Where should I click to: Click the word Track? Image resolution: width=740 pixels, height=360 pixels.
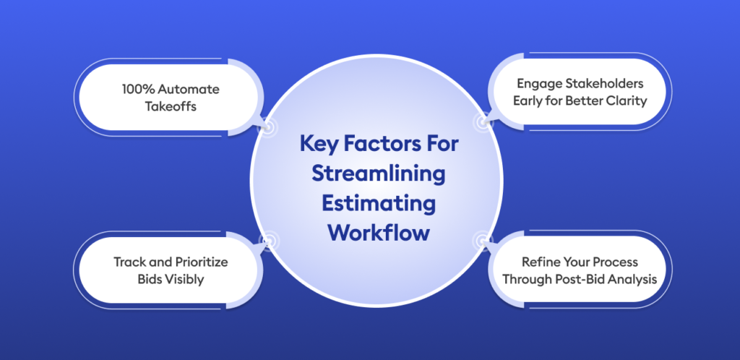click(129, 262)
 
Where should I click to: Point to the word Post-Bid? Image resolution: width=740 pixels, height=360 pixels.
click(585, 278)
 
